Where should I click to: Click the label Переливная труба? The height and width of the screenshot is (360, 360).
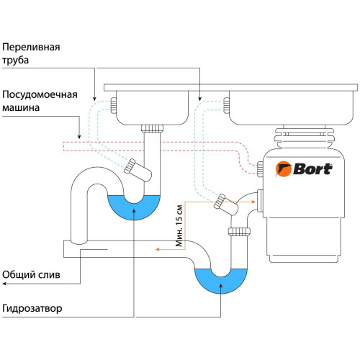tap(30, 53)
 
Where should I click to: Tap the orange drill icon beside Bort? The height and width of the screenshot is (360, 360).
tap(285, 169)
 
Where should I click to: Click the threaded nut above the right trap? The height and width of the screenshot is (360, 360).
tap(238, 231)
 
